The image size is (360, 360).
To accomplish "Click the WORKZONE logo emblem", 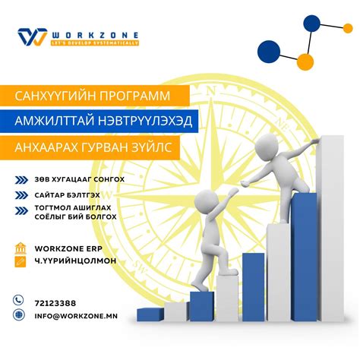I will click(32, 37).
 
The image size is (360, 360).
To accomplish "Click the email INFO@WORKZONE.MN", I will click(74, 314).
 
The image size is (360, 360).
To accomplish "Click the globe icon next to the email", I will click(19, 314).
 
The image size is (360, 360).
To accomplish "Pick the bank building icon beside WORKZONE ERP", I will click(20, 248).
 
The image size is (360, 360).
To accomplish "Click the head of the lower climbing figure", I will click(204, 201).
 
